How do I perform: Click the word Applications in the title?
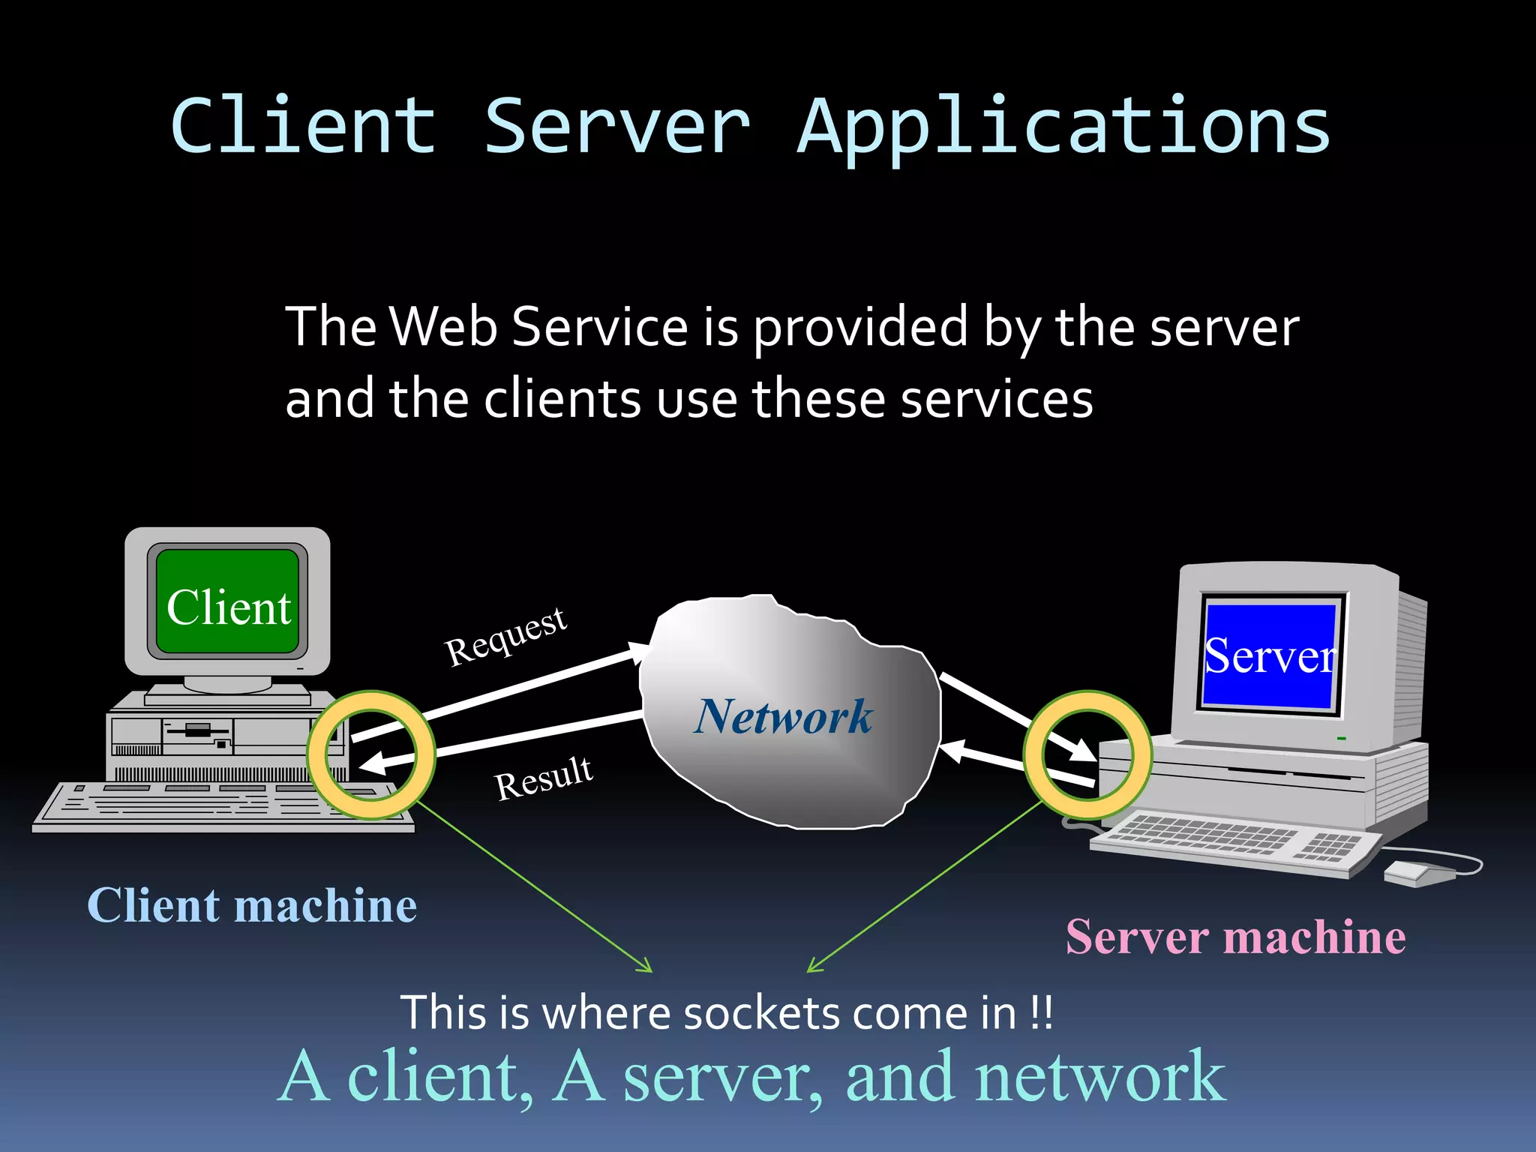1063,127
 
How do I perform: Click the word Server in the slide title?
616,127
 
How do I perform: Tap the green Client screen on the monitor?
228,602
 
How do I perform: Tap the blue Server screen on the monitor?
1269,655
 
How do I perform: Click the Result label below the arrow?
544,778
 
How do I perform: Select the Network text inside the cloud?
784,716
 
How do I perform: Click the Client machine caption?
252,905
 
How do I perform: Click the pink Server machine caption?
1235,937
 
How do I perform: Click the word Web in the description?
443,327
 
